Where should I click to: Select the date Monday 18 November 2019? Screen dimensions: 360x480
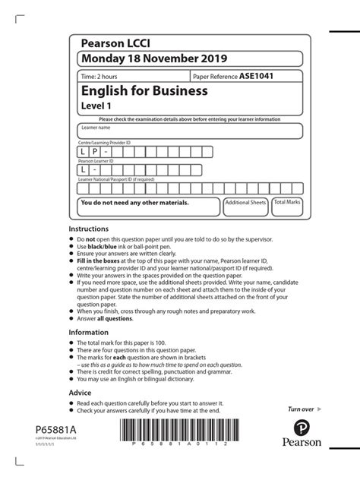pos(145,59)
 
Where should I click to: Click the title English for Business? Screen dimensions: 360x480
pos(144,92)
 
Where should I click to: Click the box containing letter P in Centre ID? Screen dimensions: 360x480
pos(95,151)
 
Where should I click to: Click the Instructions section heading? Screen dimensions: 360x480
pos(89,229)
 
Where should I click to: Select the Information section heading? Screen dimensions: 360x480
pos(88,332)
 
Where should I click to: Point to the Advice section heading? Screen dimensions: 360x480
pos(80,393)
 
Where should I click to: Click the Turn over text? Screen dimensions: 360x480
pos(302,409)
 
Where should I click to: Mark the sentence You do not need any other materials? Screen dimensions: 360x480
pos(134,204)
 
